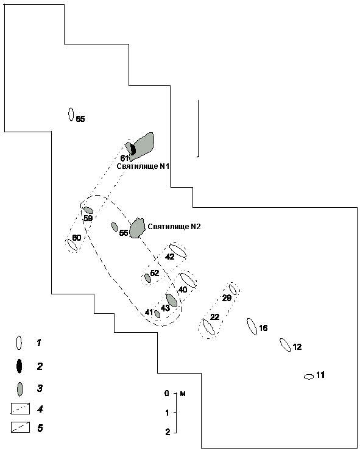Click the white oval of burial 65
71,114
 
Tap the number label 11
320,375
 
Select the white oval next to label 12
285,345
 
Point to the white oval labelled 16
252,327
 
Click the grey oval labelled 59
88,210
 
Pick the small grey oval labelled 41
157,314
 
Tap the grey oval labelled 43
172,300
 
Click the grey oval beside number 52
147,278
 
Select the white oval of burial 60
72,245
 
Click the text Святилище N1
143,166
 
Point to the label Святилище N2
174,227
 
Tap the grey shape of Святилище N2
136,228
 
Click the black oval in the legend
19,366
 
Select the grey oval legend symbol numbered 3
20,389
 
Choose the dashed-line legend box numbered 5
21,427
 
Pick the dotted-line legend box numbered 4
21,409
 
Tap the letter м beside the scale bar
183,394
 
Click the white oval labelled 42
178,251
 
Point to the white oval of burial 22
208,327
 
